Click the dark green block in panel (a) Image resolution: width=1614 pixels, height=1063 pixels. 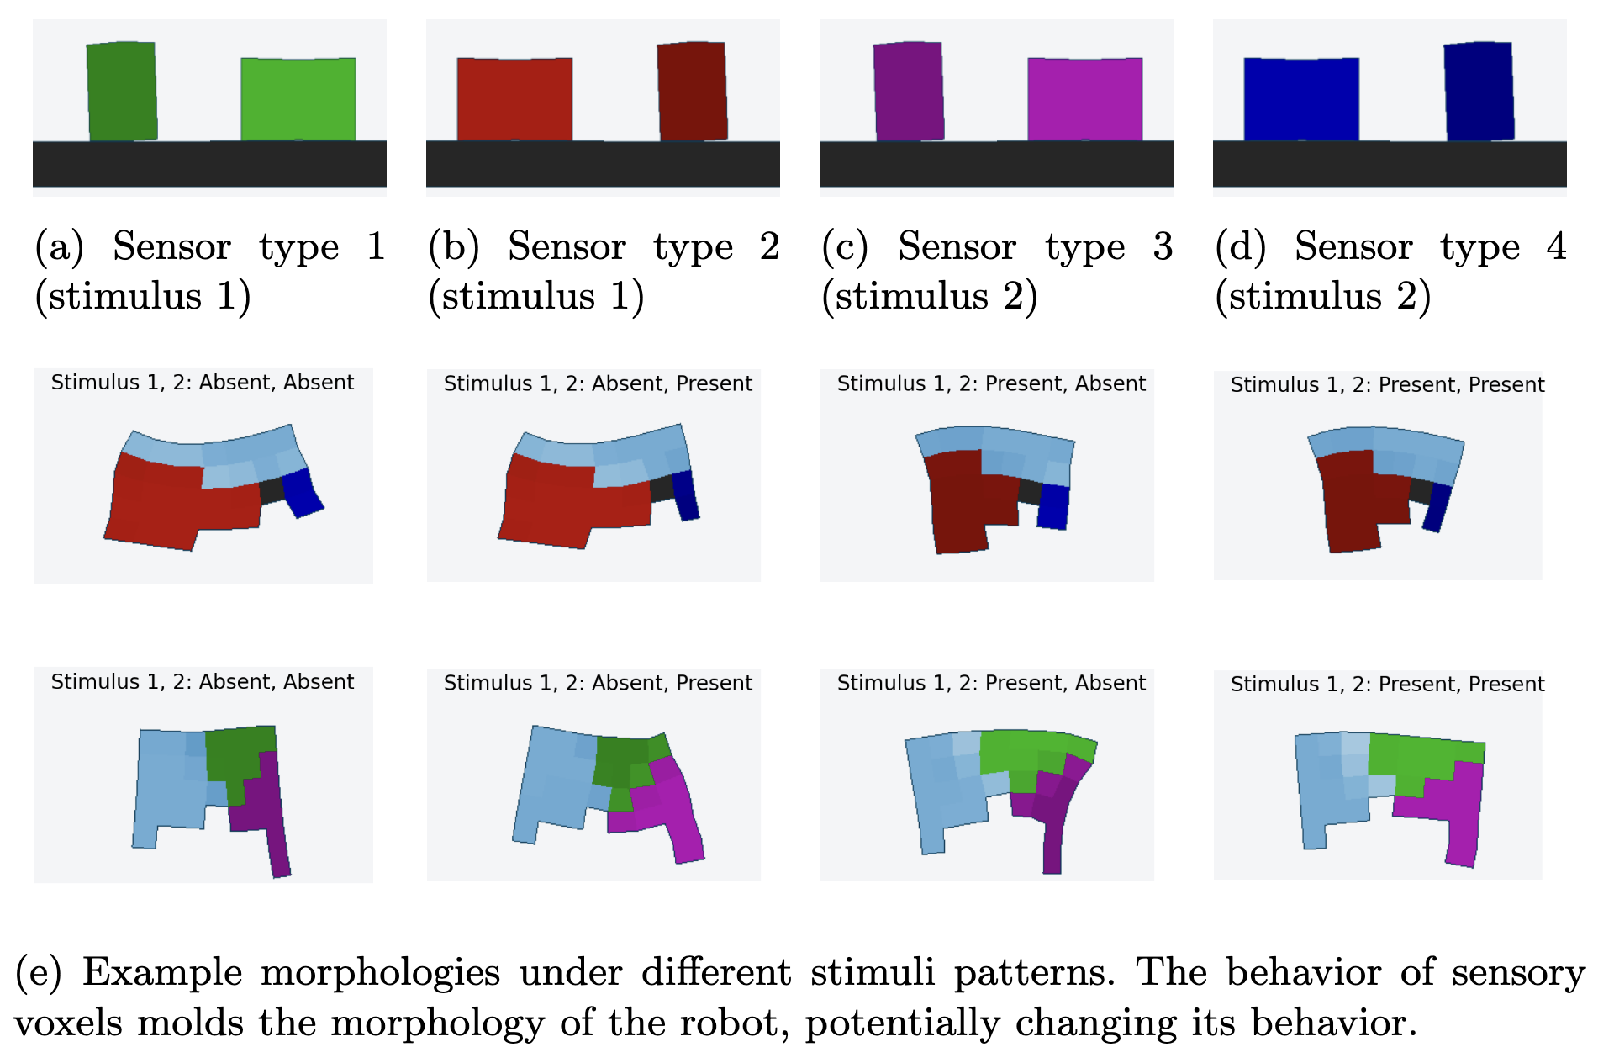point(122,91)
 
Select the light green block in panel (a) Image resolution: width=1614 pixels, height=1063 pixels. point(298,98)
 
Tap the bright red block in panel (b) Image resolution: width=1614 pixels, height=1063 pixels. point(514,98)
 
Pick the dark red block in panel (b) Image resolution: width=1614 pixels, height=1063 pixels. point(692,91)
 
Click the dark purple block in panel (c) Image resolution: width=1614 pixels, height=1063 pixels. point(908,91)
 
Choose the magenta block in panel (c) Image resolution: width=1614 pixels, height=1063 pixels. point(1085,98)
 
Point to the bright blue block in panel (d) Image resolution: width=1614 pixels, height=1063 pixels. point(1301,98)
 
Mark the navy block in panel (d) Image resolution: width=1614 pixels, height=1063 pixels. point(1479,91)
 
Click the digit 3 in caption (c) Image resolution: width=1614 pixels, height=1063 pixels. point(1163,246)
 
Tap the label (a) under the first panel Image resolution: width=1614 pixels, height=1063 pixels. point(59,246)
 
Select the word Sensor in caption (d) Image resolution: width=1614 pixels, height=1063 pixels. point(1353,246)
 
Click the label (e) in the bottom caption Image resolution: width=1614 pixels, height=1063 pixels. point(39,973)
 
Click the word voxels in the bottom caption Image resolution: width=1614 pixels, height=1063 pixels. point(68,1023)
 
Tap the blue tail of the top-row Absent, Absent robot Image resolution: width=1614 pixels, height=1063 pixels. point(302,494)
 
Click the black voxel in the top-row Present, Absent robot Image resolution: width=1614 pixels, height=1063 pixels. point(1030,490)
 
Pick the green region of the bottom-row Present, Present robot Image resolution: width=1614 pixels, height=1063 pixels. point(1421,757)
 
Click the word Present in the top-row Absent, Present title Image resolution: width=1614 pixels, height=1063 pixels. point(714,383)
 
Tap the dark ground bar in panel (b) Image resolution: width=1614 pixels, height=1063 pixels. point(603,164)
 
